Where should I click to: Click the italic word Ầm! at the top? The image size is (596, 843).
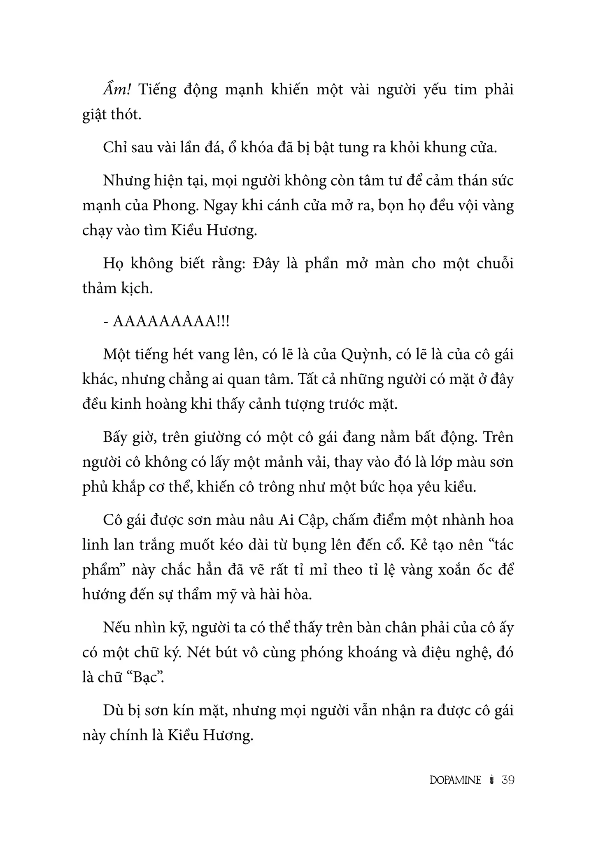117,89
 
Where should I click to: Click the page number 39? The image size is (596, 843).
508,780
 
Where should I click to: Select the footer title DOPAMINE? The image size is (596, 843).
455,780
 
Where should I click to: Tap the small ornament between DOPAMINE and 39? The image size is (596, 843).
491,780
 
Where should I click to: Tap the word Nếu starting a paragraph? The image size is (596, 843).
116,627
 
